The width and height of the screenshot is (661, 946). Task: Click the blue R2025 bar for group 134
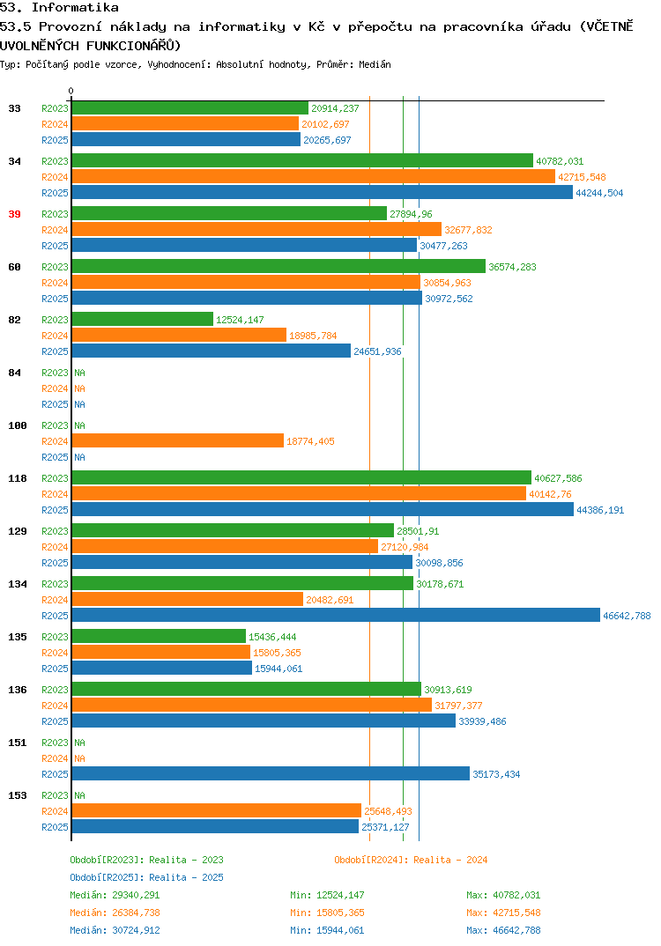coord(337,615)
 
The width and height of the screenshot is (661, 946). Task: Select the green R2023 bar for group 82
coord(143,319)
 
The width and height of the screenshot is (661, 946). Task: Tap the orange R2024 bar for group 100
coord(178,441)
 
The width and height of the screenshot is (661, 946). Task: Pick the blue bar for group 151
coord(271,773)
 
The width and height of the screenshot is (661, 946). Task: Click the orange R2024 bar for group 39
coord(256,229)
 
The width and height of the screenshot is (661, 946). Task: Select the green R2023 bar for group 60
coord(279,266)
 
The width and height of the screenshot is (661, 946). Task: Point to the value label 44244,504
coord(599,193)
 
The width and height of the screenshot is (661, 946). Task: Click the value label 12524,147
coord(240,320)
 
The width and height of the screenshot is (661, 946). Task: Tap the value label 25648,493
coord(388,811)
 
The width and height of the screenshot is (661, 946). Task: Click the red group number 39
coord(14,214)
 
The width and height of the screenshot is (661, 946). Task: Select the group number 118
coord(18,478)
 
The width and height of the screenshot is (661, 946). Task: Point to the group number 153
coord(18,795)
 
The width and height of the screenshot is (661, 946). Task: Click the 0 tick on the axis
coord(71,91)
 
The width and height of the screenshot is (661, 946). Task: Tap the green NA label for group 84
coord(79,373)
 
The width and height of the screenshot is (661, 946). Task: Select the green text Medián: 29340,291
coord(115,895)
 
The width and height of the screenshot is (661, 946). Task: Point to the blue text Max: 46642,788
coord(503,930)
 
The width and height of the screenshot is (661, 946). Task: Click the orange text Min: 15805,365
coord(327,913)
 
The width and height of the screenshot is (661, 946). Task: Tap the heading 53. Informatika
coord(59,8)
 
